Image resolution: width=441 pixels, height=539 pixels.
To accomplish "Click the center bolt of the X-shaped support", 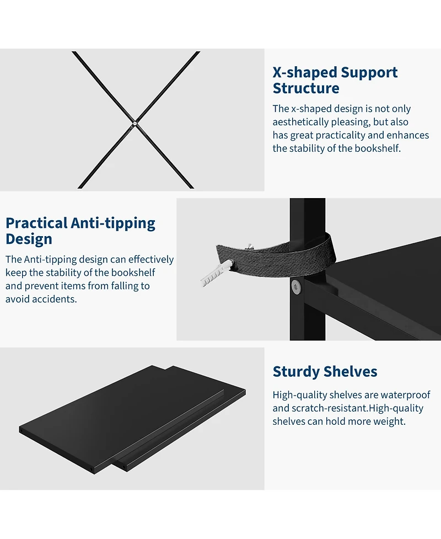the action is [135, 124].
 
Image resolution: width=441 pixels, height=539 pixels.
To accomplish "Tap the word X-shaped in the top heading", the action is [305, 72].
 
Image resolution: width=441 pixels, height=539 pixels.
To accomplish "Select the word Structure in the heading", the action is [306, 88].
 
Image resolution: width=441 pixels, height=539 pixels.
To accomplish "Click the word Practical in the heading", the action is [36, 223].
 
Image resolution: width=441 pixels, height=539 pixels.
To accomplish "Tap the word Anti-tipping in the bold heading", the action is [113, 223].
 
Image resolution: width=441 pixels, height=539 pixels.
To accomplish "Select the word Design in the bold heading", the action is [29, 239].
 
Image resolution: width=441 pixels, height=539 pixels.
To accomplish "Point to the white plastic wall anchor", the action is [217, 274].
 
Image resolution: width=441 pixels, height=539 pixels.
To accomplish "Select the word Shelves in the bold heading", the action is [351, 372].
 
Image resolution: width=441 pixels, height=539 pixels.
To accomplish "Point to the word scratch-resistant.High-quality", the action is [358, 408].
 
